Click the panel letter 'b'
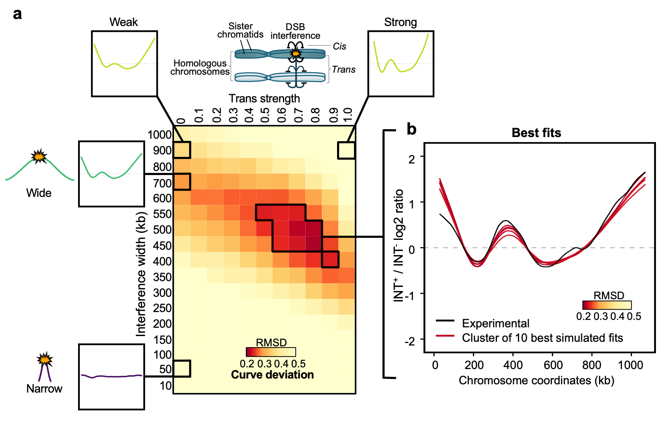pos(411,129)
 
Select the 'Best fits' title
pos(536,133)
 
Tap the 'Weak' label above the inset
pos(124,22)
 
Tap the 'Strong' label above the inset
pos(400,22)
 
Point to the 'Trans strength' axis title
pos(264,99)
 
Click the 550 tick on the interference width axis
pos(162,214)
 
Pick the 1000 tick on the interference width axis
pos(159,135)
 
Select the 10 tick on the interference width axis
pos(166,386)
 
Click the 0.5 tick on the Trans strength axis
pos(265,115)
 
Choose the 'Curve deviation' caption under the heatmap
pos(272,375)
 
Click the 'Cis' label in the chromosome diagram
pos(340,46)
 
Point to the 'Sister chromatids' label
pos(240,31)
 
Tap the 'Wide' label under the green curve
pos(39,193)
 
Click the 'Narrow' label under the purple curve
pos(44,389)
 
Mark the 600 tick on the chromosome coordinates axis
pos(553,365)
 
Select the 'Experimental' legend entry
pos(496,323)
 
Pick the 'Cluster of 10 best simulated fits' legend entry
pos(542,338)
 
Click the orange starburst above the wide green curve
pos(39,156)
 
